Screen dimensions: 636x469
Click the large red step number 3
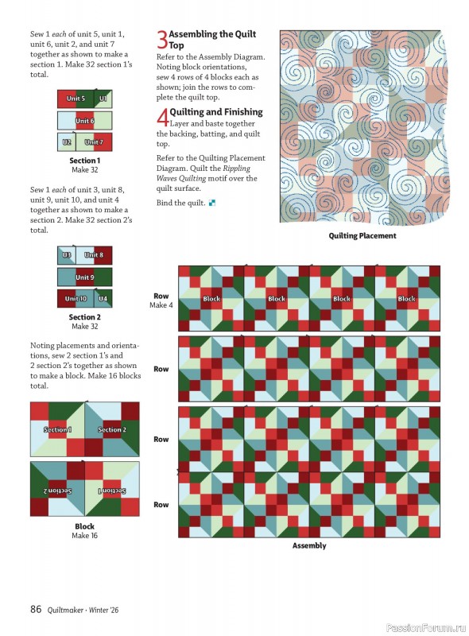click(x=161, y=40)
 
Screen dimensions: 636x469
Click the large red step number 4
click(x=162, y=118)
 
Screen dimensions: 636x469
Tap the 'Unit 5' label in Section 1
click(x=76, y=99)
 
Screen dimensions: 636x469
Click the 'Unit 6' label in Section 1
click(x=84, y=121)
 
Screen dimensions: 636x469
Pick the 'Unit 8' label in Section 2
click(x=94, y=255)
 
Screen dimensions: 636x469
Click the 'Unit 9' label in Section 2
click(x=84, y=277)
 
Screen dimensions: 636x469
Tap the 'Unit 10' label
click(x=76, y=299)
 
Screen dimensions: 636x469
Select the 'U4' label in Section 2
click(x=103, y=299)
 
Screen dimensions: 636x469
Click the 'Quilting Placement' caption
click(x=362, y=236)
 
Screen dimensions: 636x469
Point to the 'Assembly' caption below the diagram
click(x=309, y=545)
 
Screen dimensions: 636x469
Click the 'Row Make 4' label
click(x=161, y=301)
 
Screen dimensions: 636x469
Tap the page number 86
click(x=36, y=610)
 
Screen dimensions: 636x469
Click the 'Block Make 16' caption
click(x=84, y=531)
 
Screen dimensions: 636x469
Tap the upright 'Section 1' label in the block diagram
click(x=56, y=429)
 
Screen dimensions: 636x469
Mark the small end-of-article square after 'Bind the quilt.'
click(x=213, y=204)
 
